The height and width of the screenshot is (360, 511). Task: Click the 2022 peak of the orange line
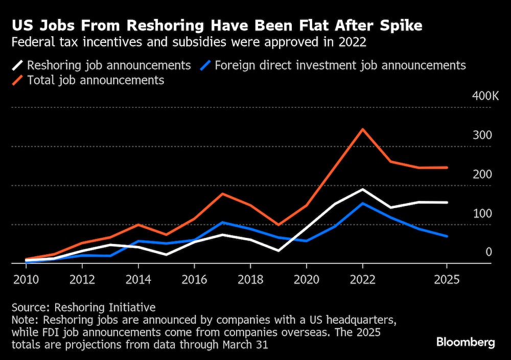(362, 129)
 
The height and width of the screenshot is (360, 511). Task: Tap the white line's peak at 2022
(362, 190)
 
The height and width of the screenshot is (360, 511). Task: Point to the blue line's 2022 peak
(362, 204)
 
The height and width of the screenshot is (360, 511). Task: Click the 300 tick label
(482, 136)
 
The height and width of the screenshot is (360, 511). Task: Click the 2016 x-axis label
(194, 280)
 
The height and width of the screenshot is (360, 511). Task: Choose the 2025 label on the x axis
(447, 280)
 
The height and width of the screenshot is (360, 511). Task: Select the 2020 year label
(306, 280)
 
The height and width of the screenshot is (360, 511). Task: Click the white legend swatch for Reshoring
(18, 65)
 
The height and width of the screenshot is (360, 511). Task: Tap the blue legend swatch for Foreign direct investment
(205, 65)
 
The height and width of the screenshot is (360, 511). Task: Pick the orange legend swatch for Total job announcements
(18, 80)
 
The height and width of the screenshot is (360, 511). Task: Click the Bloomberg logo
(466, 342)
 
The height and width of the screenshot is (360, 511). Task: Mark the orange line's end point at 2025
(447, 167)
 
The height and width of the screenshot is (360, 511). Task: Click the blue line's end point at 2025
(447, 236)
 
